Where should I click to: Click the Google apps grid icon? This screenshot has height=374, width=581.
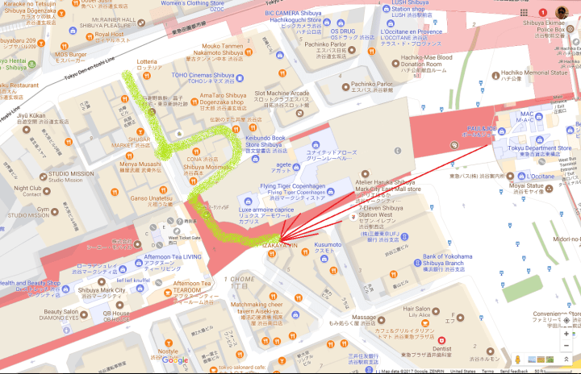click(525, 13)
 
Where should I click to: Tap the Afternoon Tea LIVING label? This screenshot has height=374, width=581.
click(171, 256)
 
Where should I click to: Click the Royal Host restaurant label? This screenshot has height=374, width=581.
click(110, 35)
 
